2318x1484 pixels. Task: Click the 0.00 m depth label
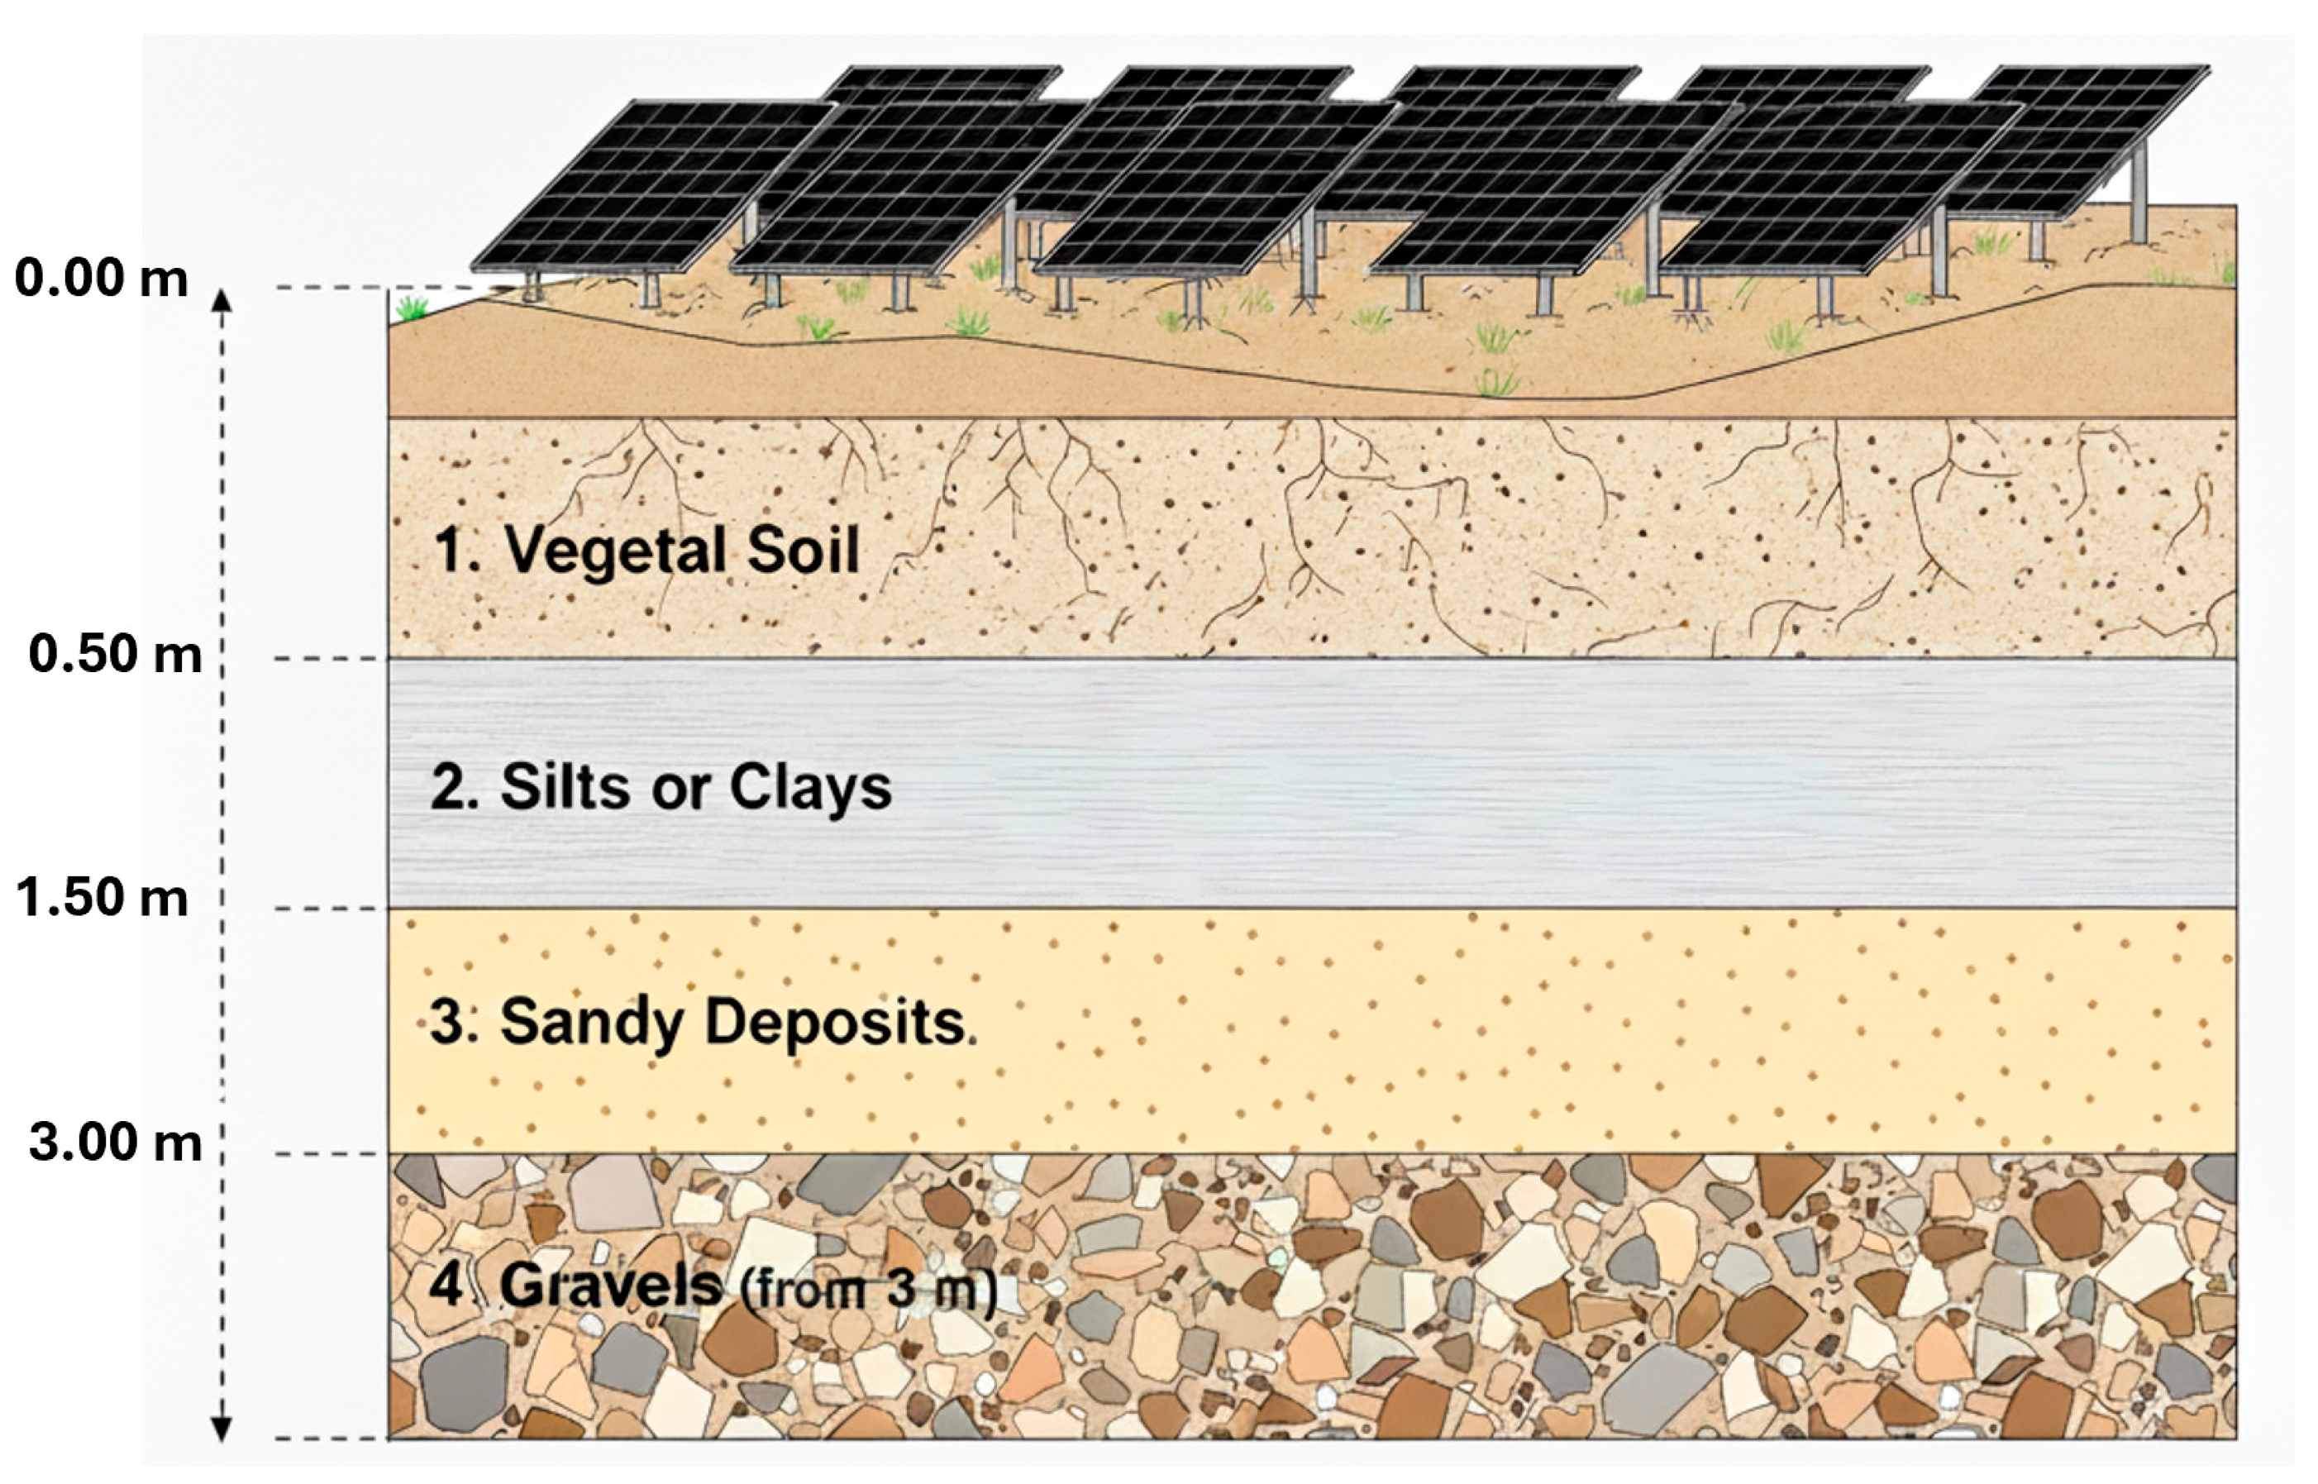pyautogui.click(x=101, y=279)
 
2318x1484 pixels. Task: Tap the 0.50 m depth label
pyautogui.click(x=115, y=654)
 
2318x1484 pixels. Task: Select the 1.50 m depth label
pyautogui.click(x=101, y=898)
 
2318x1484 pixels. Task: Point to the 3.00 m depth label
pyautogui.click(x=115, y=1143)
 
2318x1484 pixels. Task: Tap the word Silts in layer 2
pyautogui.click(x=566, y=787)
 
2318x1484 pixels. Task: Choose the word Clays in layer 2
pyautogui.click(x=809, y=788)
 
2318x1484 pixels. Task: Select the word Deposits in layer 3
pyautogui.click(x=834, y=1024)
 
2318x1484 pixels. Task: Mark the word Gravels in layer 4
pyautogui.click(x=611, y=1286)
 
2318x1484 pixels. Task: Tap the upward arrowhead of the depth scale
pyautogui.click(x=222, y=301)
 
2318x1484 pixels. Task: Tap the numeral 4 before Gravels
pyautogui.click(x=447, y=1286)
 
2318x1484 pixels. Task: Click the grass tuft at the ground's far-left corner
pyautogui.click(x=413, y=308)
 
